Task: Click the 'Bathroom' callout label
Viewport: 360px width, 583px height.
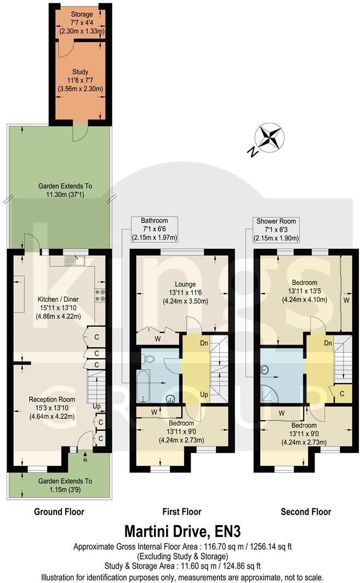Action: (x=154, y=221)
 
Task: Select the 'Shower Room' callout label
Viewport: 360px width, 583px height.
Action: (x=276, y=221)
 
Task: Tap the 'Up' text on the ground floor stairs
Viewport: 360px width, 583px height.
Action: (x=96, y=406)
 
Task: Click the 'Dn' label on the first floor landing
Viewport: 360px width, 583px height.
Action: (x=188, y=344)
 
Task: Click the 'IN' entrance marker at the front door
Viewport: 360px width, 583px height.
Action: (x=85, y=461)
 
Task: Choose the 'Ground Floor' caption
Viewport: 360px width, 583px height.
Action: (x=59, y=512)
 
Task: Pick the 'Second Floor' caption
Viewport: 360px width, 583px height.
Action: (x=306, y=512)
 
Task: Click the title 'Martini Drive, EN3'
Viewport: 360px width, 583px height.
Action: (x=182, y=531)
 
